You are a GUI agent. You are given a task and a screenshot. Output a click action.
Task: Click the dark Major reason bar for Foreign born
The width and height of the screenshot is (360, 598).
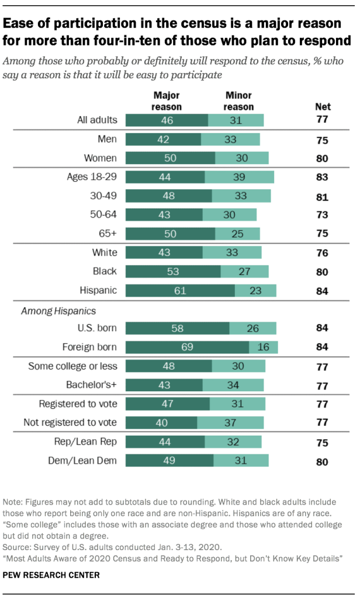click(x=187, y=347)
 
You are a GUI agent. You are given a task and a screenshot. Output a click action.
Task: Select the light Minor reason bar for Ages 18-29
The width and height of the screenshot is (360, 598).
click(x=239, y=177)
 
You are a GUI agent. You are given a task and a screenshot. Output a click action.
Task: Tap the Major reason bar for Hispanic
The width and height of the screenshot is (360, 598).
click(x=180, y=290)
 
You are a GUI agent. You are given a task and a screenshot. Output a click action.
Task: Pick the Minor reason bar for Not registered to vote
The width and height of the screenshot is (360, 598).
click(x=231, y=422)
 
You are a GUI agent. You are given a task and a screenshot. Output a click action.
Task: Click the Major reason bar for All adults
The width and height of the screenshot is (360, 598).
click(x=167, y=120)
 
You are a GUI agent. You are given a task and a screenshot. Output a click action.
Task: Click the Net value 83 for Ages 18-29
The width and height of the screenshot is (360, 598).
click(x=322, y=177)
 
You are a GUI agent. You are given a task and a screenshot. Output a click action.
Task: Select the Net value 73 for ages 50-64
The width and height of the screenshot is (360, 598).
click(x=322, y=215)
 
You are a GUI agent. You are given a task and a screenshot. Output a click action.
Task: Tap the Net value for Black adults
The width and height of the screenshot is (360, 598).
click(x=322, y=272)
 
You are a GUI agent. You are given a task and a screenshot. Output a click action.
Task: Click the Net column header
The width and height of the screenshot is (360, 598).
click(x=322, y=106)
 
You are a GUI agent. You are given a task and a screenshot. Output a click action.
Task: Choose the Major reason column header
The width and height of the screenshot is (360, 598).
click(x=167, y=101)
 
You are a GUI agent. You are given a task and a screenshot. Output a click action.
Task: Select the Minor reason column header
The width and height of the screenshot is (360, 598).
click(x=239, y=101)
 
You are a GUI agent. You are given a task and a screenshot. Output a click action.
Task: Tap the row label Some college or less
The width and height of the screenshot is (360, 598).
click(x=73, y=366)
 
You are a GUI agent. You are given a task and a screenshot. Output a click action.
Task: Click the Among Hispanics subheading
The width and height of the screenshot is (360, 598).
click(x=58, y=311)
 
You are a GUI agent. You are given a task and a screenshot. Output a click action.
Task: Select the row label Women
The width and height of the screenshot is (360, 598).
click(x=101, y=158)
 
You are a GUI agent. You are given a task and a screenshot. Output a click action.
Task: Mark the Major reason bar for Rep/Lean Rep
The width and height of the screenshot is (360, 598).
click(x=165, y=442)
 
